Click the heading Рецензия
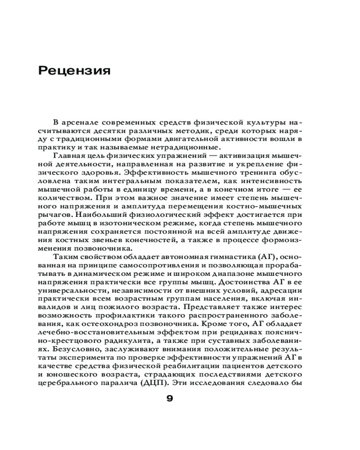coord(74,71)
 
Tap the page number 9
coord(170,398)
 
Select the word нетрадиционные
coord(188,148)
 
